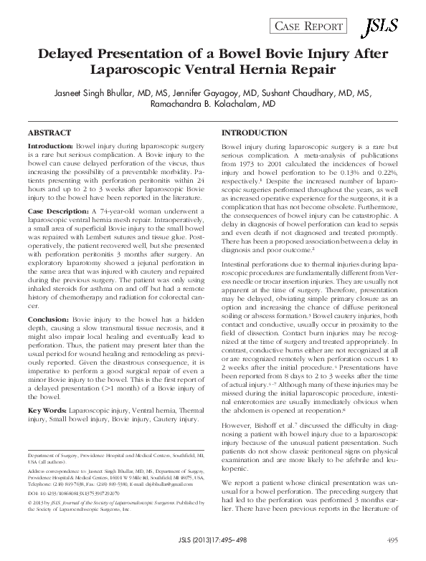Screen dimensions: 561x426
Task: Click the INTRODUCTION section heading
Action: pyautogui.click(x=255, y=134)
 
